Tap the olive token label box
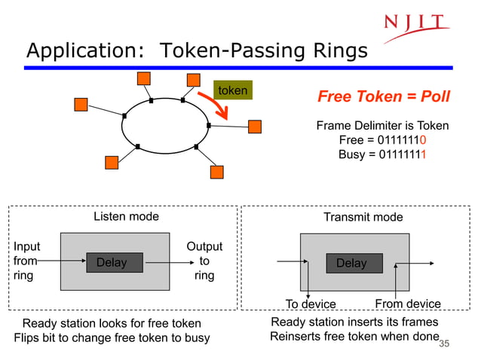tap(232, 90)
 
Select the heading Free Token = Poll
tap(384, 97)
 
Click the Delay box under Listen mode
tap(111, 262)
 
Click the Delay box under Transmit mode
tap(351, 263)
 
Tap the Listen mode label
tap(126, 217)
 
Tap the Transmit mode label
tap(363, 217)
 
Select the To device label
tap(311, 304)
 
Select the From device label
tap(408, 304)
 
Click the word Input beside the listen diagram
tap(27, 247)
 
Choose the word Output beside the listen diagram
tap(204, 247)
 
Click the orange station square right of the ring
tap(255, 126)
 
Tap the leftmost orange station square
tap(81, 105)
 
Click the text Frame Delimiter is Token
tap(382, 126)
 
